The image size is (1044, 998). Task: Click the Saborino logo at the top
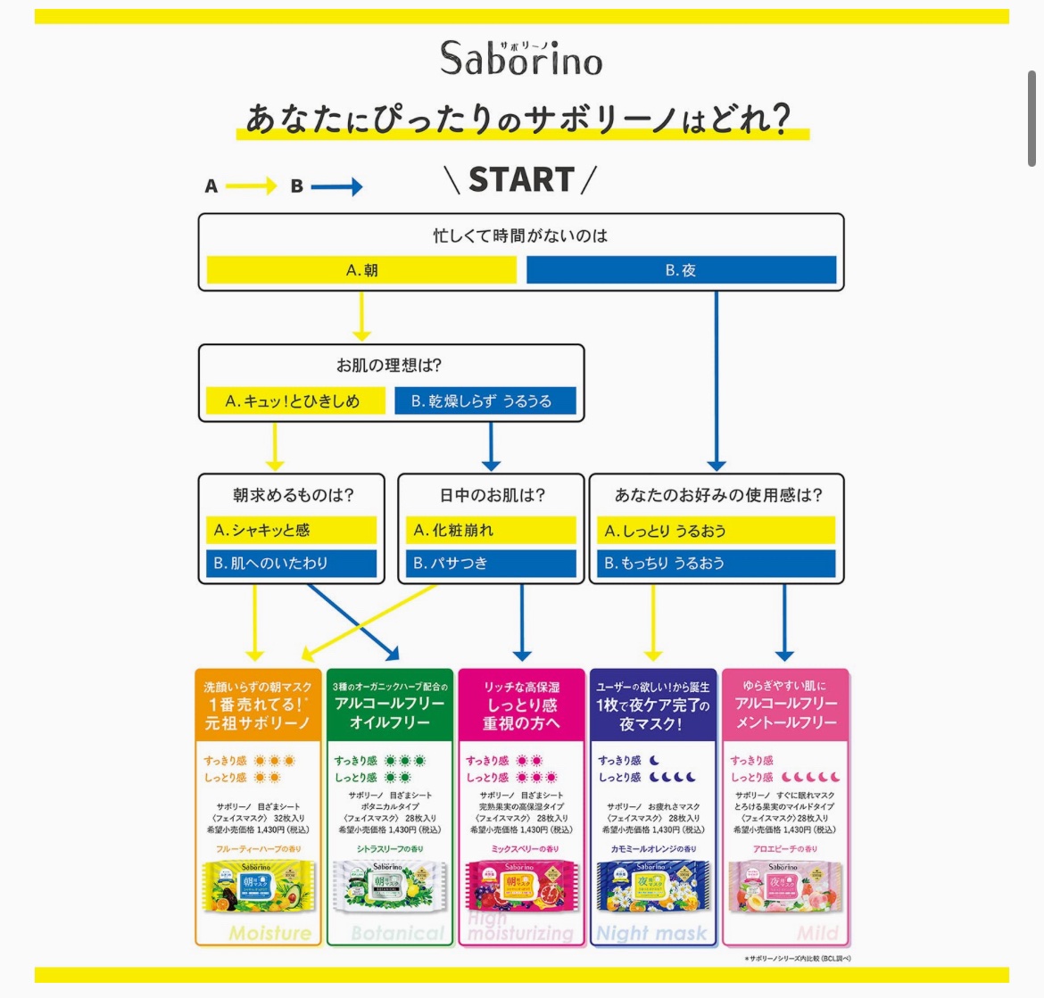tap(521, 59)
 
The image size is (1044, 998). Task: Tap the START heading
tap(521, 180)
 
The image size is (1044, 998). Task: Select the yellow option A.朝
tap(361, 270)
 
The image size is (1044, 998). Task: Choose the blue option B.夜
tap(681, 270)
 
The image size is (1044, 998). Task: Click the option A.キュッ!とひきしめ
tap(293, 401)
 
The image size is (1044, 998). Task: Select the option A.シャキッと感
tap(291, 531)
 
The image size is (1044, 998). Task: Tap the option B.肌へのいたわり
tap(291, 564)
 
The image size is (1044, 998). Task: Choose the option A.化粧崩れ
tap(491, 531)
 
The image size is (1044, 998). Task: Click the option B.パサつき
tap(491, 564)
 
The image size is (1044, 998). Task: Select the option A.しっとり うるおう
tap(716, 531)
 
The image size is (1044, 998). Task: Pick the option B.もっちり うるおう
tap(716, 564)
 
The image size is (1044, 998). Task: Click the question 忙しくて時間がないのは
tap(520, 236)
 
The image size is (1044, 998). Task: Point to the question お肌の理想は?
tap(389, 366)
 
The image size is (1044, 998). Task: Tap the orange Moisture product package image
tap(258, 887)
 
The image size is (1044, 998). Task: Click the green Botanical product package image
tap(389, 887)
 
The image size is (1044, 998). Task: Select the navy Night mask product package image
tap(652, 887)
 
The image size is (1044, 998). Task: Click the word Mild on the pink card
tap(818, 934)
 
